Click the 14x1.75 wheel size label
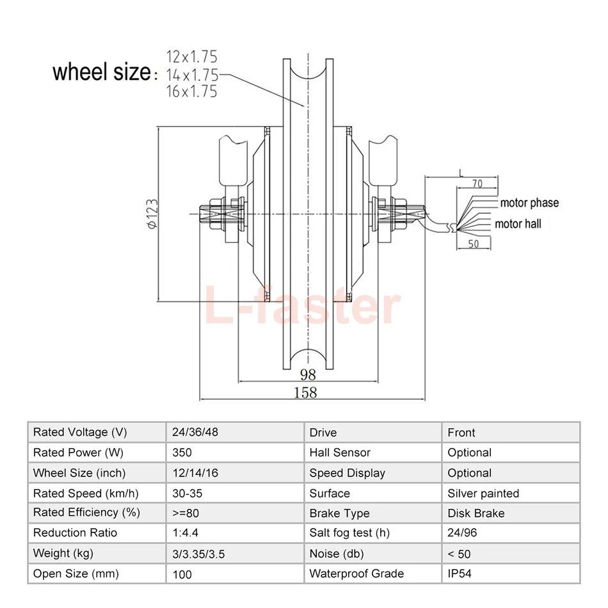tap(193, 74)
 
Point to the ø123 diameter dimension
tap(153, 214)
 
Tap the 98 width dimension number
tap(308, 374)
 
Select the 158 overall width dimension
tap(305, 392)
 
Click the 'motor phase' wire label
tap(529, 203)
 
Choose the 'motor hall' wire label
tap(518, 224)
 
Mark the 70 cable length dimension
tap(477, 184)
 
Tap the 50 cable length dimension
tap(474, 243)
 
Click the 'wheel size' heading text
tap(102, 72)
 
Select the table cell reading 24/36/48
tap(195, 432)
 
